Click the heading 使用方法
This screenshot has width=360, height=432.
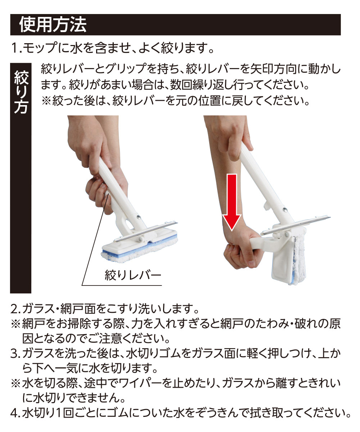[x=53, y=25]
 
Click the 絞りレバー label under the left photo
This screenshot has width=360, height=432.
[x=133, y=275]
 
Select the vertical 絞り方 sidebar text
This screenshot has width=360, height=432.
[x=21, y=92]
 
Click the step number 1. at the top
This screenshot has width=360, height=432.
[x=17, y=48]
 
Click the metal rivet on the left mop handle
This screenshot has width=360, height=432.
[x=139, y=217]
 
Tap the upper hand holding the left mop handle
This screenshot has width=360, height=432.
[x=89, y=143]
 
